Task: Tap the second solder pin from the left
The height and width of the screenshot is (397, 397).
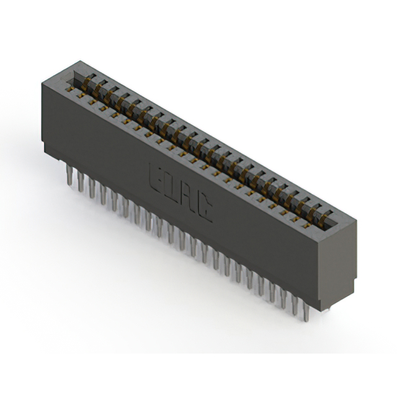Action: pyautogui.click(x=80, y=181)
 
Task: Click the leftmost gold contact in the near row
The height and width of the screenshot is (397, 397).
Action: pyautogui.click(x=70, y=88)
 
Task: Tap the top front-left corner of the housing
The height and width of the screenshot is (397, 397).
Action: pyautogui.click(x=42, y=85)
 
